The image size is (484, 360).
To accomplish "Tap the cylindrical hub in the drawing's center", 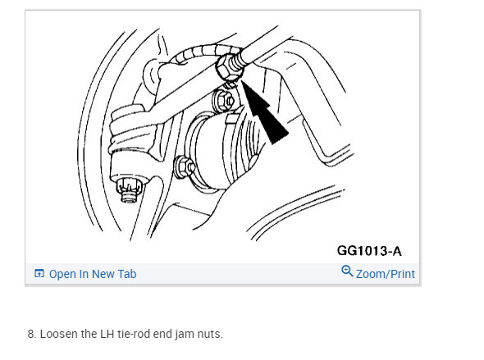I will [218, 148].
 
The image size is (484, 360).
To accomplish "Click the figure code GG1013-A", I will [368, 250].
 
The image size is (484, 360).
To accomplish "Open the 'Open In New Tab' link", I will [92, 274].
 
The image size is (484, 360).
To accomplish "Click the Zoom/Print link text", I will [385, 274].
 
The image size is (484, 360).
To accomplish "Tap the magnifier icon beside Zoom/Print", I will [347, 272].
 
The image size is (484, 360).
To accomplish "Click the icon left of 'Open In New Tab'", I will [39, 274].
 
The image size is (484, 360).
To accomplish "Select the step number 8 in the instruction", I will [31, 334].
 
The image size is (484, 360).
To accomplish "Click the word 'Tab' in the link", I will [126, 274].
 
